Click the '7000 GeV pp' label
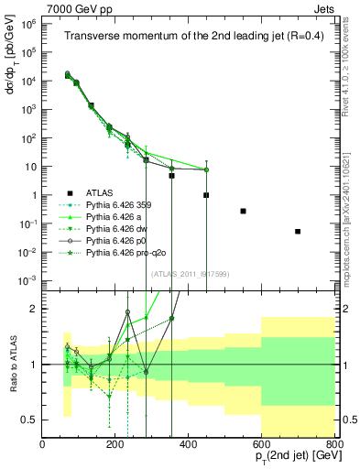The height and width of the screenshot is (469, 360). [x=73, y=8]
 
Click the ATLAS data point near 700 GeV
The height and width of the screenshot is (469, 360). [x=298, y=232]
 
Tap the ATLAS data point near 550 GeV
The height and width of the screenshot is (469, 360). [x=243, y=211]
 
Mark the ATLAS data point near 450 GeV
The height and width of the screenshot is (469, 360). [x=206, y=195]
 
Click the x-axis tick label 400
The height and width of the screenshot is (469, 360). [x=189, y=445]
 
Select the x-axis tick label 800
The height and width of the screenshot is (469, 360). [x=334, y=445]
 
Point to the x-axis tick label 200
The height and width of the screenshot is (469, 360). [x=115, y=445]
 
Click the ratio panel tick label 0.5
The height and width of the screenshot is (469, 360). [x=28, y=420]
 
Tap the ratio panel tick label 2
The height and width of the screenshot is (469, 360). [x=32, y=309]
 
